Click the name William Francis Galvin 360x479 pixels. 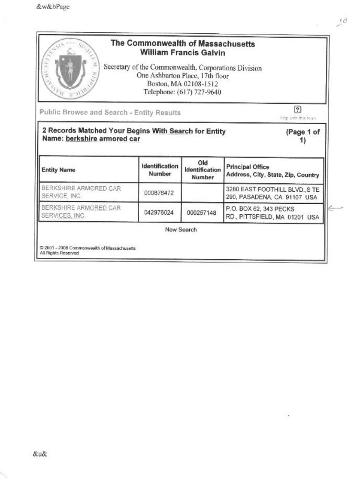tap(183, 52)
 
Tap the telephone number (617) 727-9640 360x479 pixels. tap(182, 92)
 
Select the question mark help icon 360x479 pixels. tap(297, 109)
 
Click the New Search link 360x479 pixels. tap(181, 230)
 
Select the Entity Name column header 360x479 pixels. tap(59, 170)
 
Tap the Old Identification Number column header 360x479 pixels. tap(202, 170)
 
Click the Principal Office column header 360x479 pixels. tap(272, 171)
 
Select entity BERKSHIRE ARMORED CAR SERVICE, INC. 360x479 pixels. tap(81, 192)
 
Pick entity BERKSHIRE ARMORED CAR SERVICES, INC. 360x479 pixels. tap(81, 212)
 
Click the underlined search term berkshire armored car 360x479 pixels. tap(103, 139)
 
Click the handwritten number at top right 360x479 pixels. tap(342, 22)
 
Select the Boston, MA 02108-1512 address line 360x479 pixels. tap(182, 84)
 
